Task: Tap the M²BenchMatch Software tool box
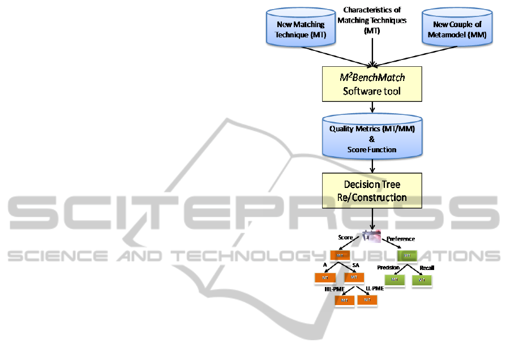coord(372,83)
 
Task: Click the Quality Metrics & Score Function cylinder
coord(372,138)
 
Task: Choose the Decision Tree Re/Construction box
coord(372,191)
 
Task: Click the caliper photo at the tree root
coord(373,237)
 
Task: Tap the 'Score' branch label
coord(345,237)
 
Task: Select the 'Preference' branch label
coord(401,239)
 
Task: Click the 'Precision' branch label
coord(388,267)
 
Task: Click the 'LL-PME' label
coord(375,289)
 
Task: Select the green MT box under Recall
coord(422,280)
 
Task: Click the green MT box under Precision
coord(395,280)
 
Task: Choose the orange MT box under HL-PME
coord(344,299)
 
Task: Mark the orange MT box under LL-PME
coord(367,299)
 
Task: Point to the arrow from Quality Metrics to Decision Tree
coord(372,166)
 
